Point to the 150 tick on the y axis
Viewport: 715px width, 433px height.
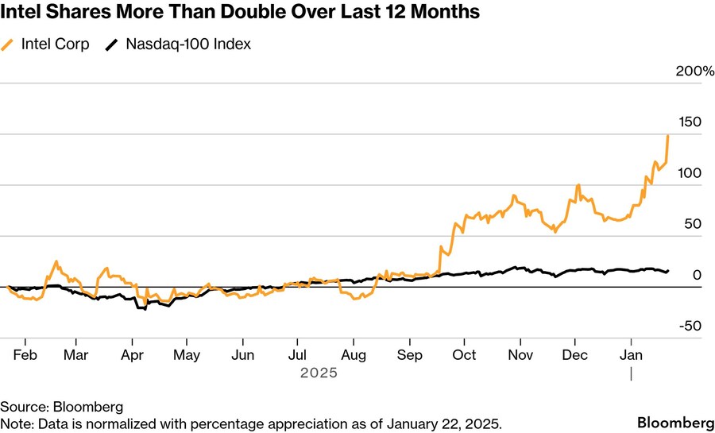coord(691,122)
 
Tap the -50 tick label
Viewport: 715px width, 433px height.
coord(690,326)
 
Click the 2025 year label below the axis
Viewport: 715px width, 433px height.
coord(319,372)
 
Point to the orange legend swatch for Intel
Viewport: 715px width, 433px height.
coord(9,45)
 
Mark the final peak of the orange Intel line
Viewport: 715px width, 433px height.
coord(667,136)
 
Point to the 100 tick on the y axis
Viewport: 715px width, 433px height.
coord(691,173)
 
